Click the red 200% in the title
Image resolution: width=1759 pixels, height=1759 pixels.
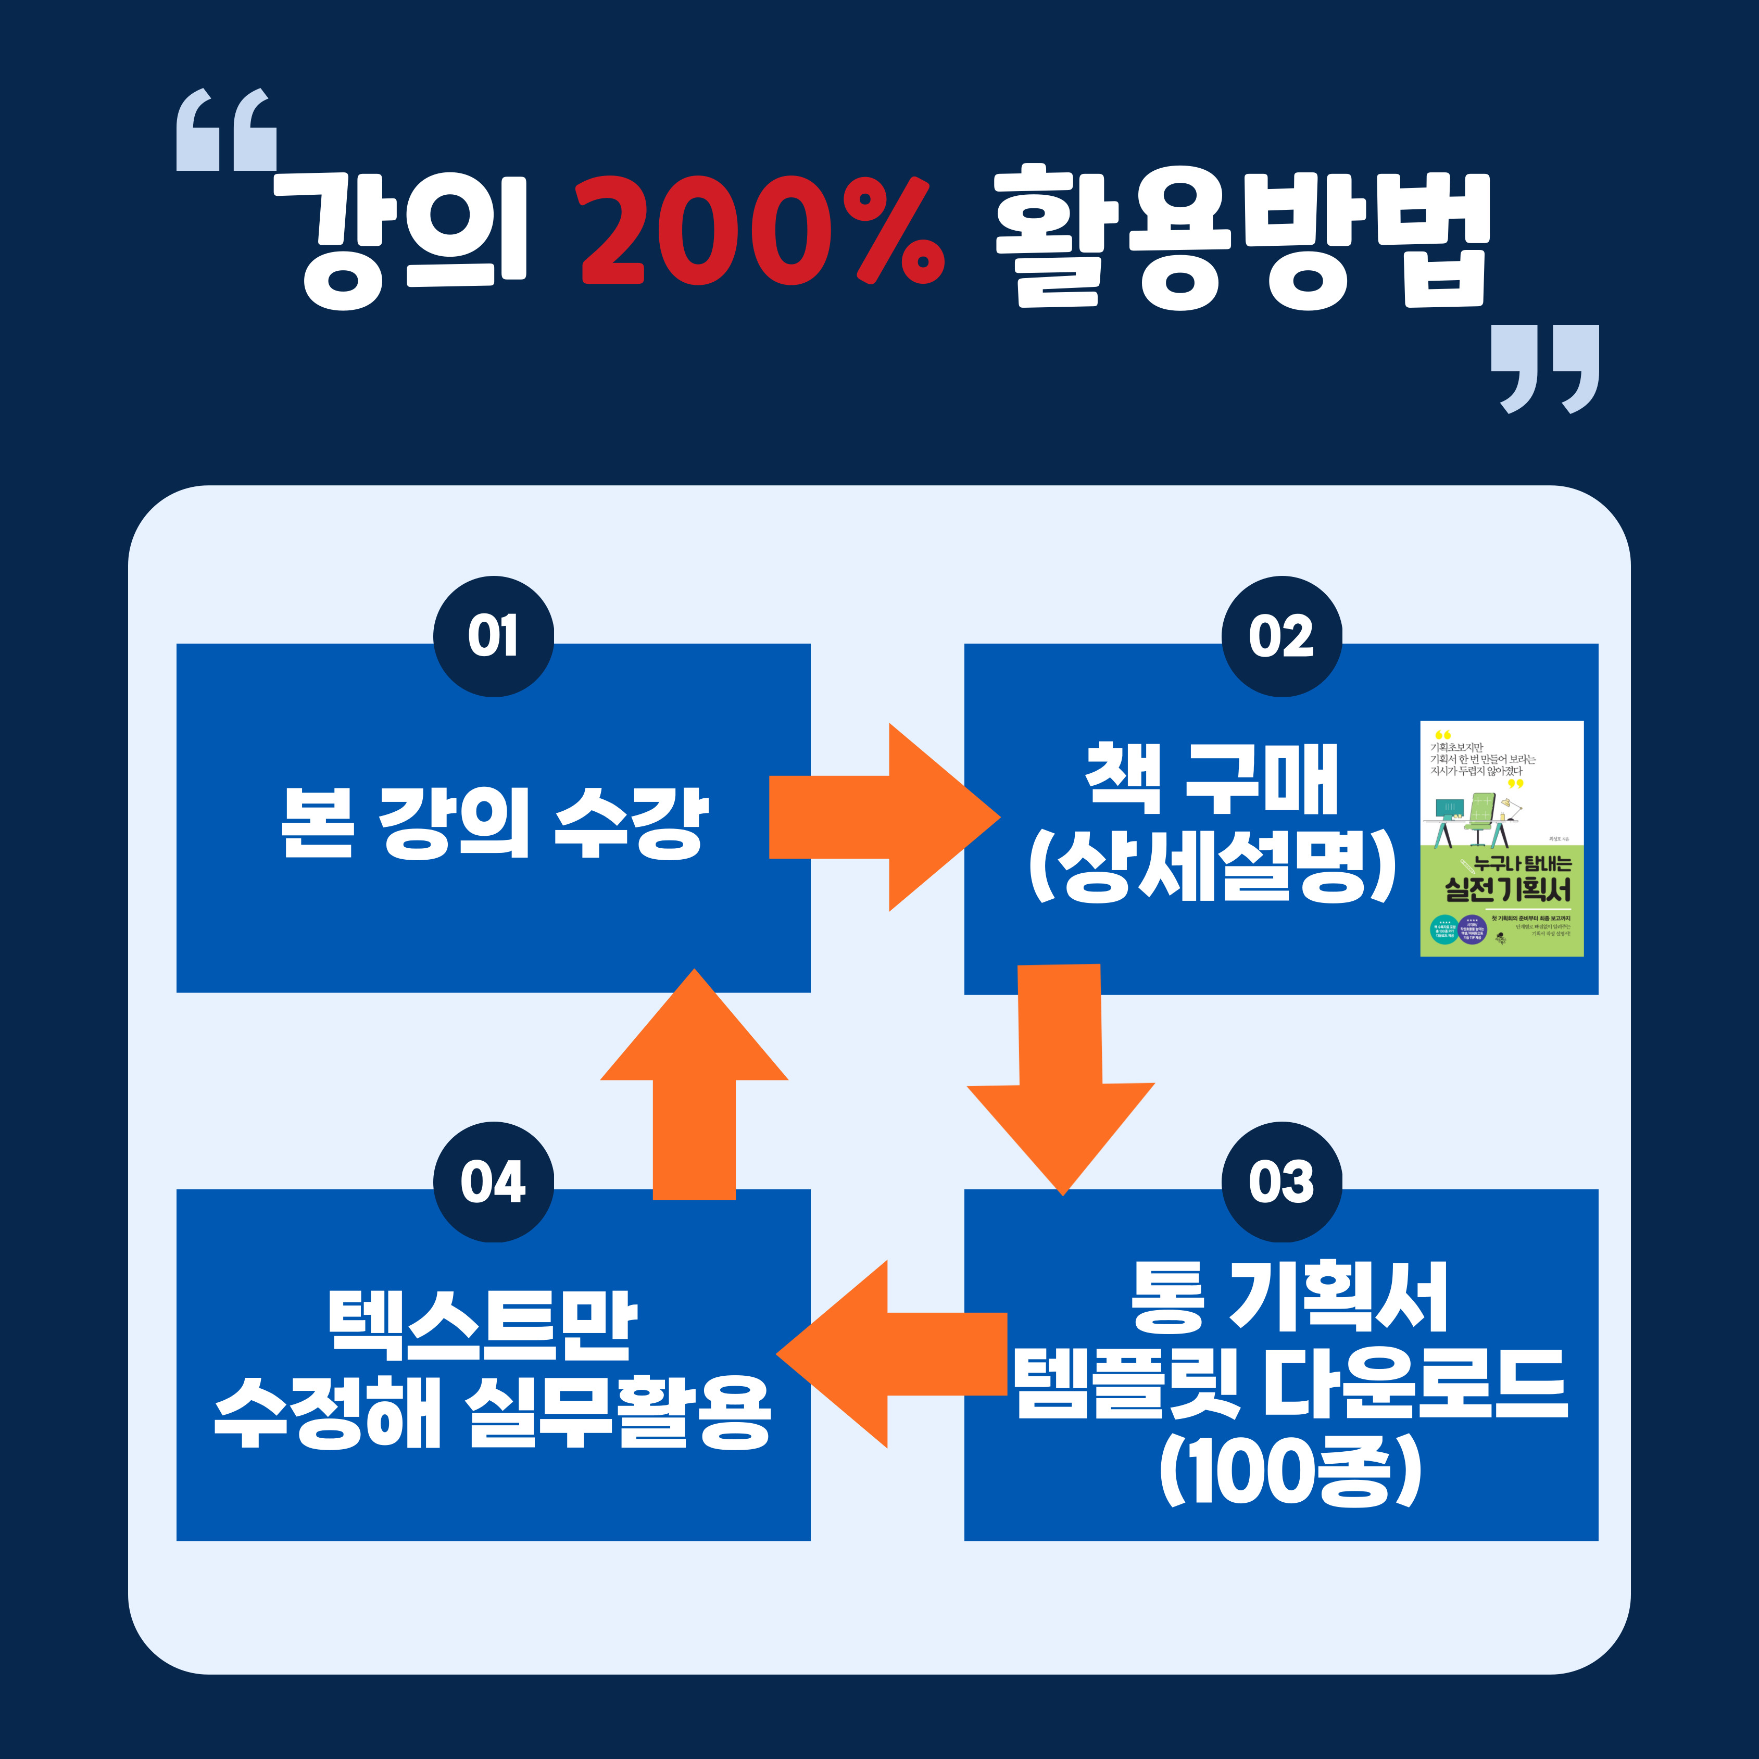pos(763,230)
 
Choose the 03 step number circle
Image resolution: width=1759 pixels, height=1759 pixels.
pos(1281,1182)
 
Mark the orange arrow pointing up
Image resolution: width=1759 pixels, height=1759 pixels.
pos(694,1084)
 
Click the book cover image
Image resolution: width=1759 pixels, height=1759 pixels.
pos(1501,838)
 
